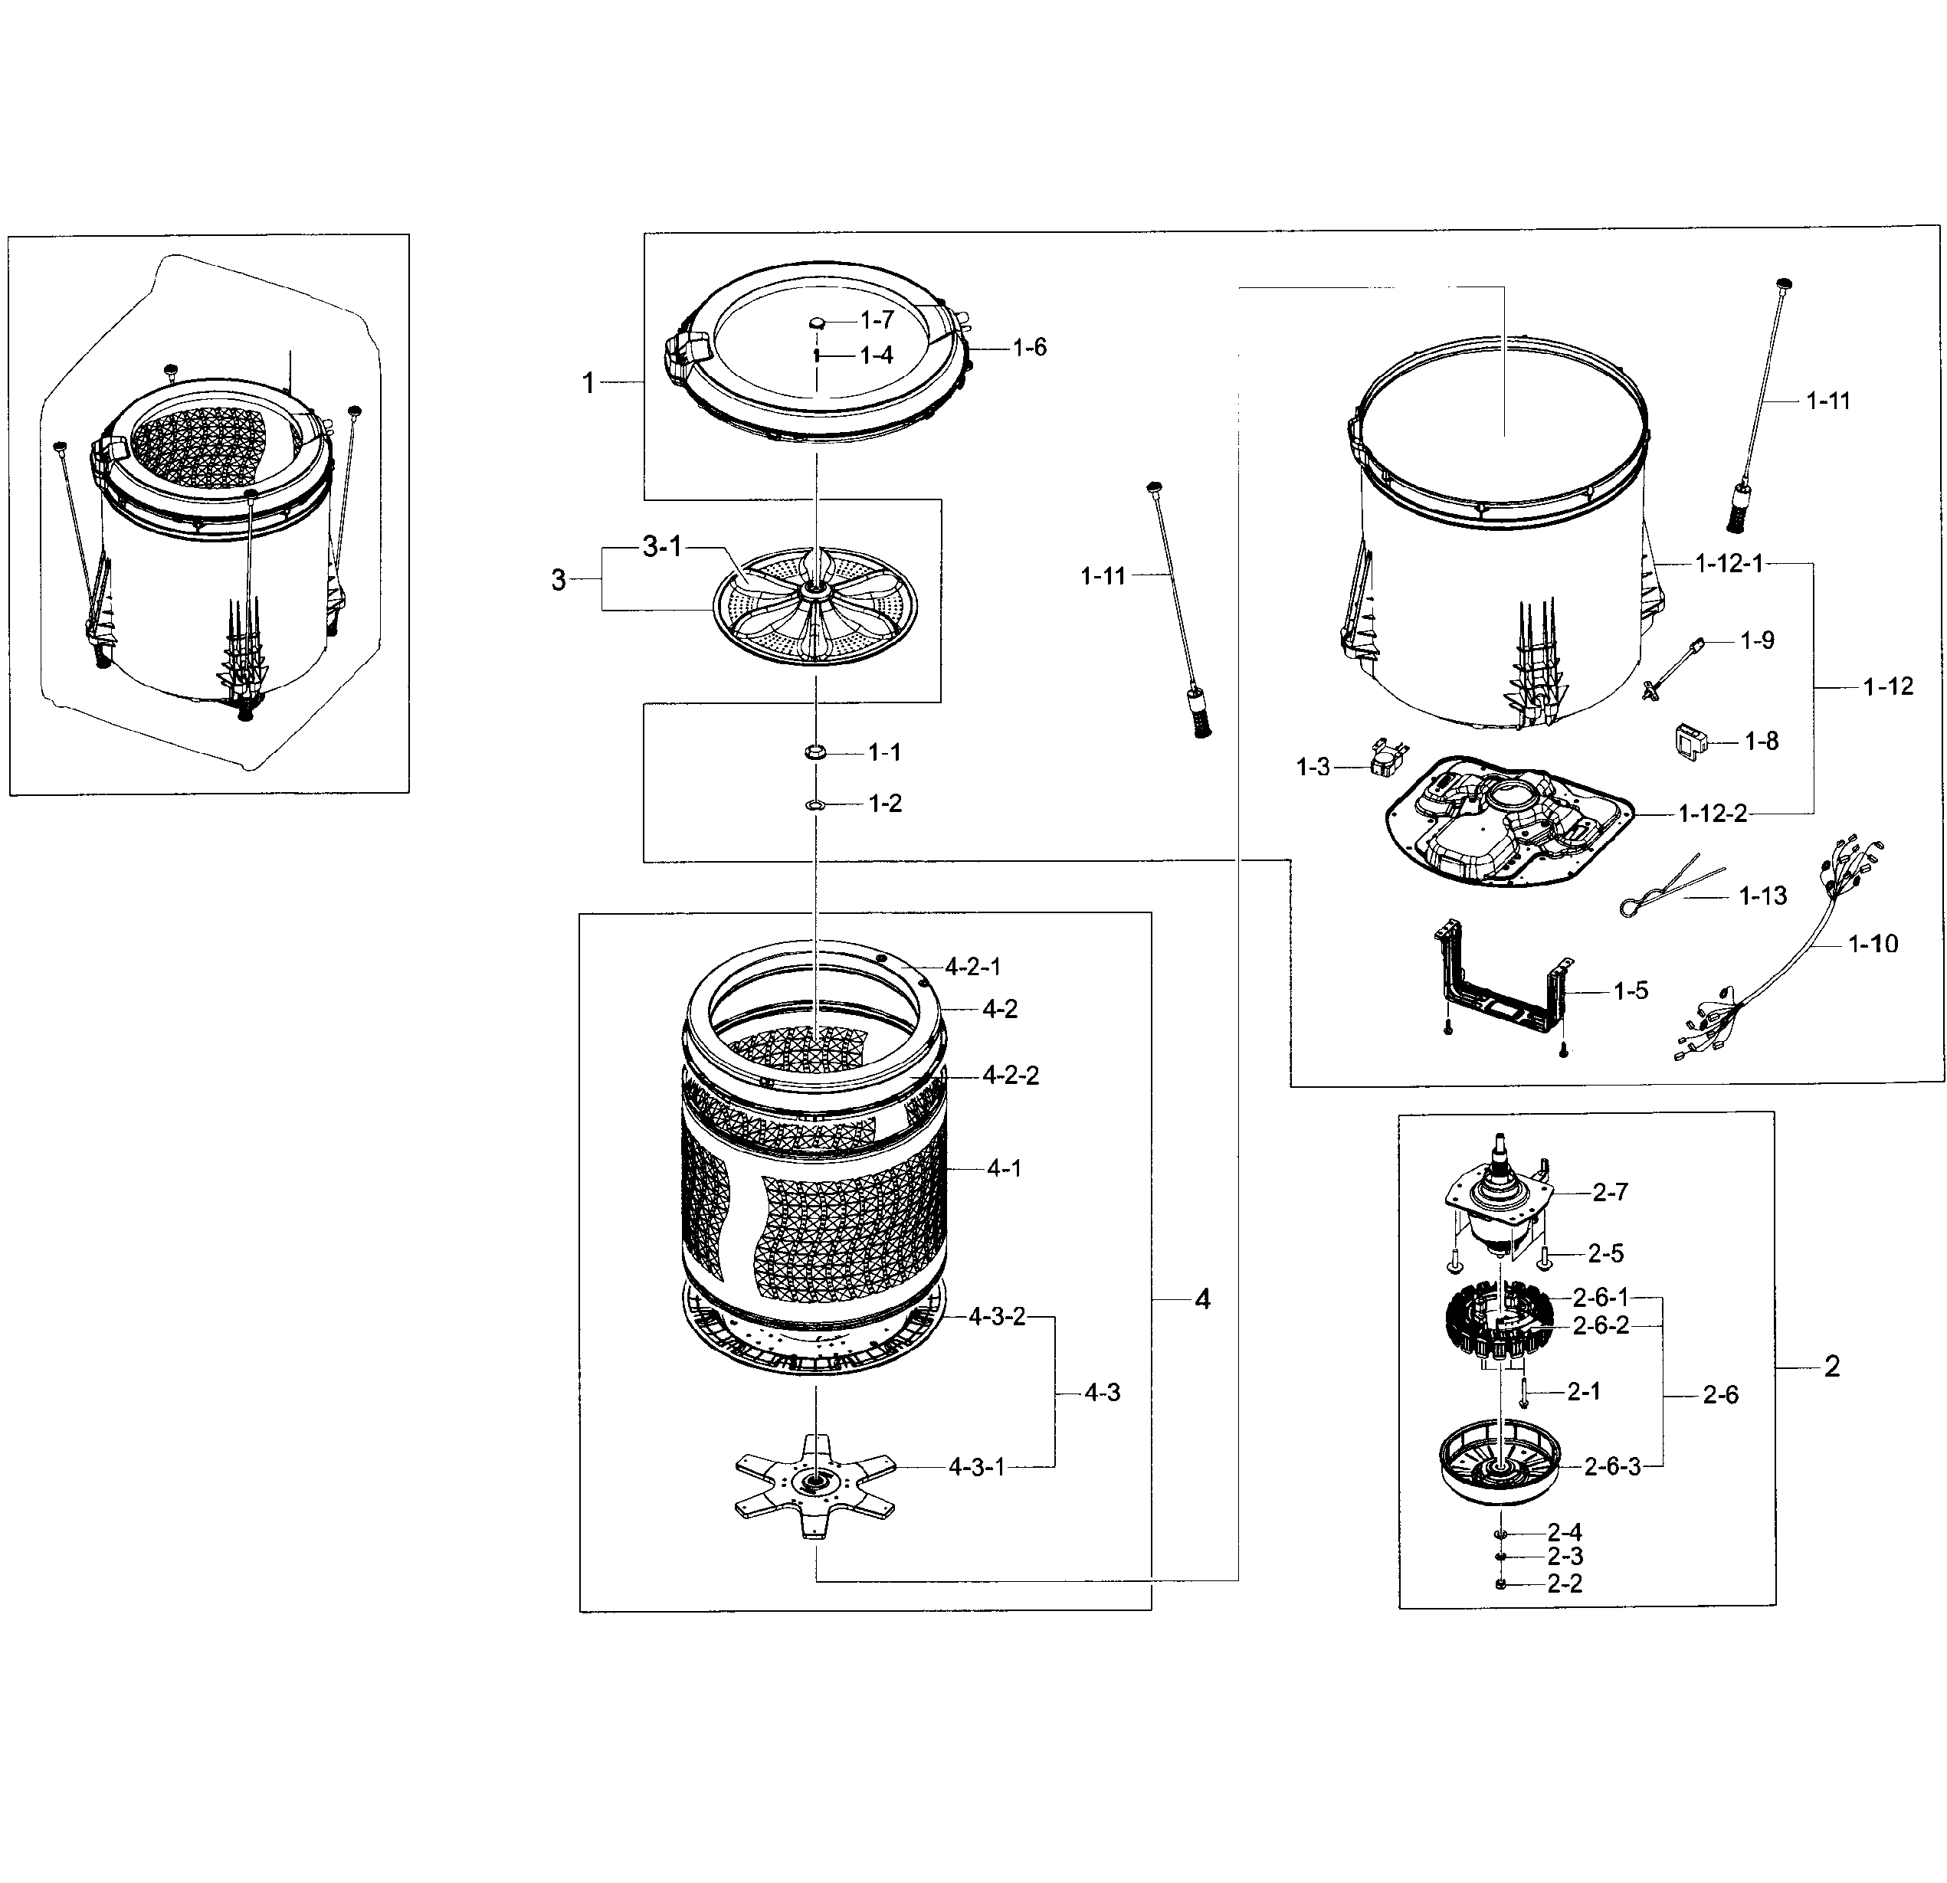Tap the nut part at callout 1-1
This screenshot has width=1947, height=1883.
(815, 753)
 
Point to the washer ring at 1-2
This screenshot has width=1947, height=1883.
(815, 803)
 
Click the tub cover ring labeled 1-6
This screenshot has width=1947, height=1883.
(815, 362)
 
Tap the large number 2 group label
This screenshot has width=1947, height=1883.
(1832, 1367)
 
